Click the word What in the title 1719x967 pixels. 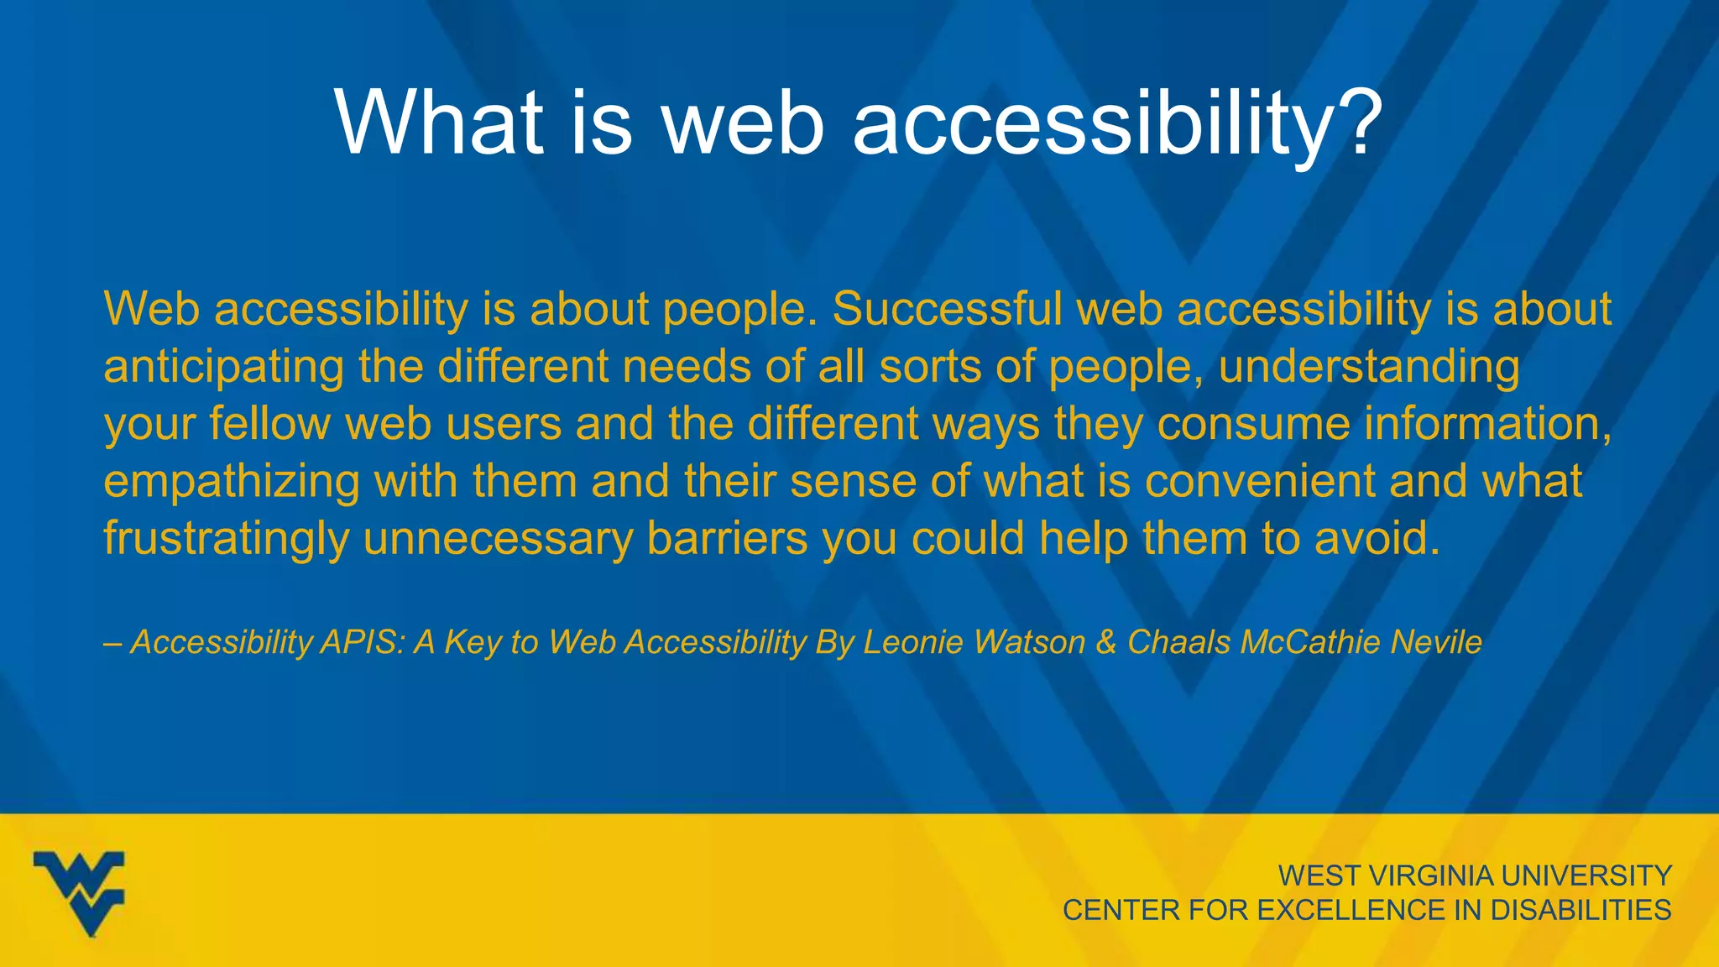coord(439,123)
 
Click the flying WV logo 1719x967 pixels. coord(80,892)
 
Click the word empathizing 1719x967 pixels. coord(230,482)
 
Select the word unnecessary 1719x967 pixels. coord(498,539)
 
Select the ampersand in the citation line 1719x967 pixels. coord(1106,642)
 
